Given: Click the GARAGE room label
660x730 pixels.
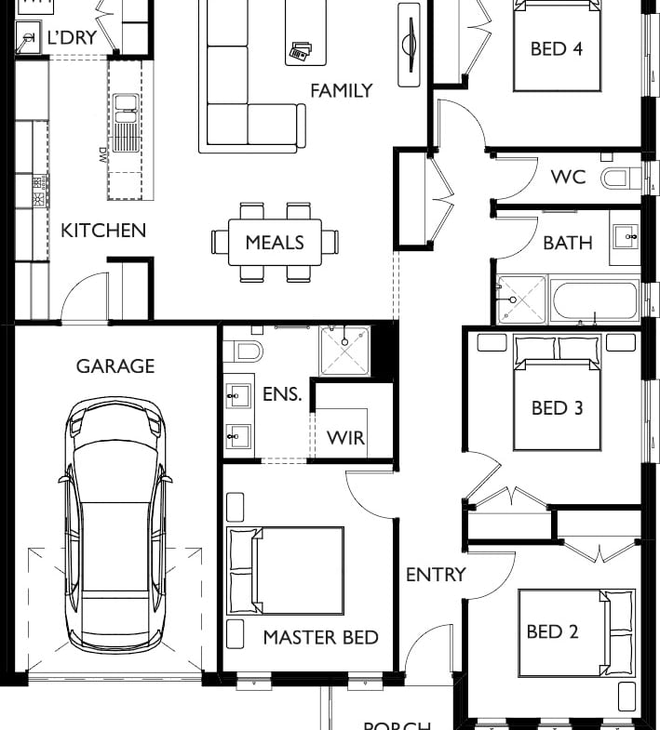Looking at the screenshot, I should [115, 366].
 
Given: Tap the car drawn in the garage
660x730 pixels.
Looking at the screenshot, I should [115, 525].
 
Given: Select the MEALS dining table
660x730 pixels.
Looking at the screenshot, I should [275, 243].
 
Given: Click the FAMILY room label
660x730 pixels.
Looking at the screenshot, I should [341, 90].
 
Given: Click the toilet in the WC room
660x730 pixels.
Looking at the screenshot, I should [618, 177].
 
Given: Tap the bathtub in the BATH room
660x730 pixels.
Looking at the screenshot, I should [593, 300].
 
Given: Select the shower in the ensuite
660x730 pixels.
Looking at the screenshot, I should [344, 350].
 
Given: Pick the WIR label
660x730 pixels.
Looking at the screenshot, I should [344, 438].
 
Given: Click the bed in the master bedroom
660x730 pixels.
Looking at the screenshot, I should [286, 571].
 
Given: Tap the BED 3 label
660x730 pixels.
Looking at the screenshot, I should [557, 407].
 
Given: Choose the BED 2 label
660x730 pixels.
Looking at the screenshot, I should [553, 632].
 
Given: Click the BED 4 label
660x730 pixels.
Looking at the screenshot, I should [557, 48].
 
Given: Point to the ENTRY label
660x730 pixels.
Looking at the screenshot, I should [435, 575].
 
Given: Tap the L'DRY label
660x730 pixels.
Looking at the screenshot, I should [72, 38].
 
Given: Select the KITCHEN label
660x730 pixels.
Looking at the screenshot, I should [103, 230].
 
